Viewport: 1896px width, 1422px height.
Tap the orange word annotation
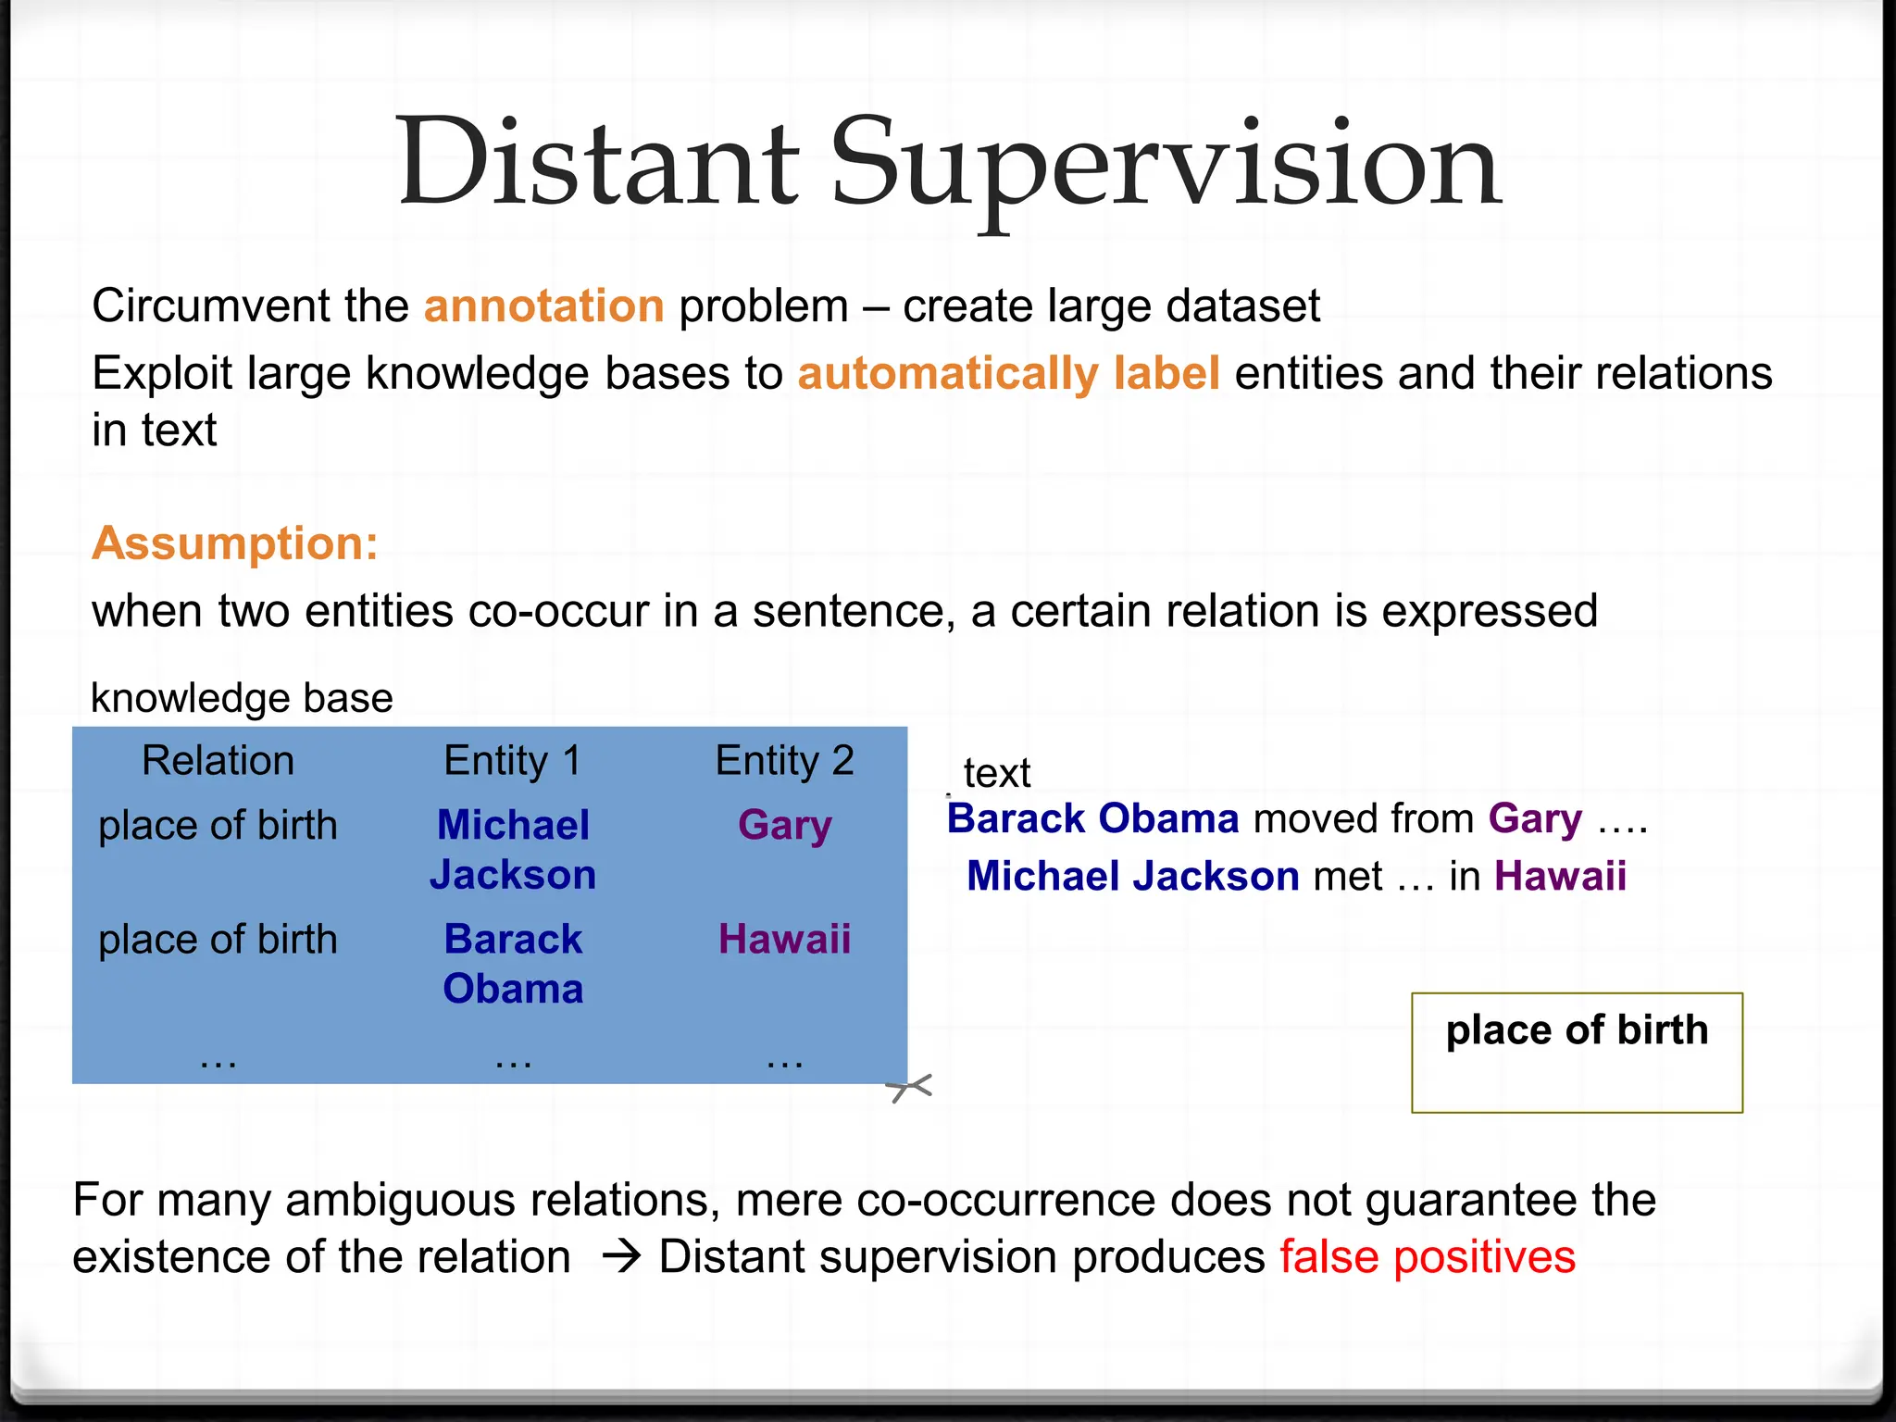543,306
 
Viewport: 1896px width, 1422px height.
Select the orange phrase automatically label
1008,374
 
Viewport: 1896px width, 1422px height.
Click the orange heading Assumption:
235,543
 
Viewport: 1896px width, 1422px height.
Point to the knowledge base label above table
242,698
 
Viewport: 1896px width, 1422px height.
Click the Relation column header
218,761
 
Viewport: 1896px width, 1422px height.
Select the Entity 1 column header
512,761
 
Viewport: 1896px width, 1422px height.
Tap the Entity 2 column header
784,761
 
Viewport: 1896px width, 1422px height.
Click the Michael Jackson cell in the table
513,850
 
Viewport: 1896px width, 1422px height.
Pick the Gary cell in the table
784,825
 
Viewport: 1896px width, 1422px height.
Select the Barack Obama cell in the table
513,964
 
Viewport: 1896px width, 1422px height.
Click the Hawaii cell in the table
784,940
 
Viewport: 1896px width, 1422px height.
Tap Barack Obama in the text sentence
1092,819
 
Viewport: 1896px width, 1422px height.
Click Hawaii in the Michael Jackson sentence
1560,877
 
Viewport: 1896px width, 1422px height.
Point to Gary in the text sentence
1535,819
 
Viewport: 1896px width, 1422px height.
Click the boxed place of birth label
1577,1031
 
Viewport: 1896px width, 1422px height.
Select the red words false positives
1428,1257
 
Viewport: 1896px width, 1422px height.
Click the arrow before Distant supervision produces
621,1257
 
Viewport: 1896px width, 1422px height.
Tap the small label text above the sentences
996,773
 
